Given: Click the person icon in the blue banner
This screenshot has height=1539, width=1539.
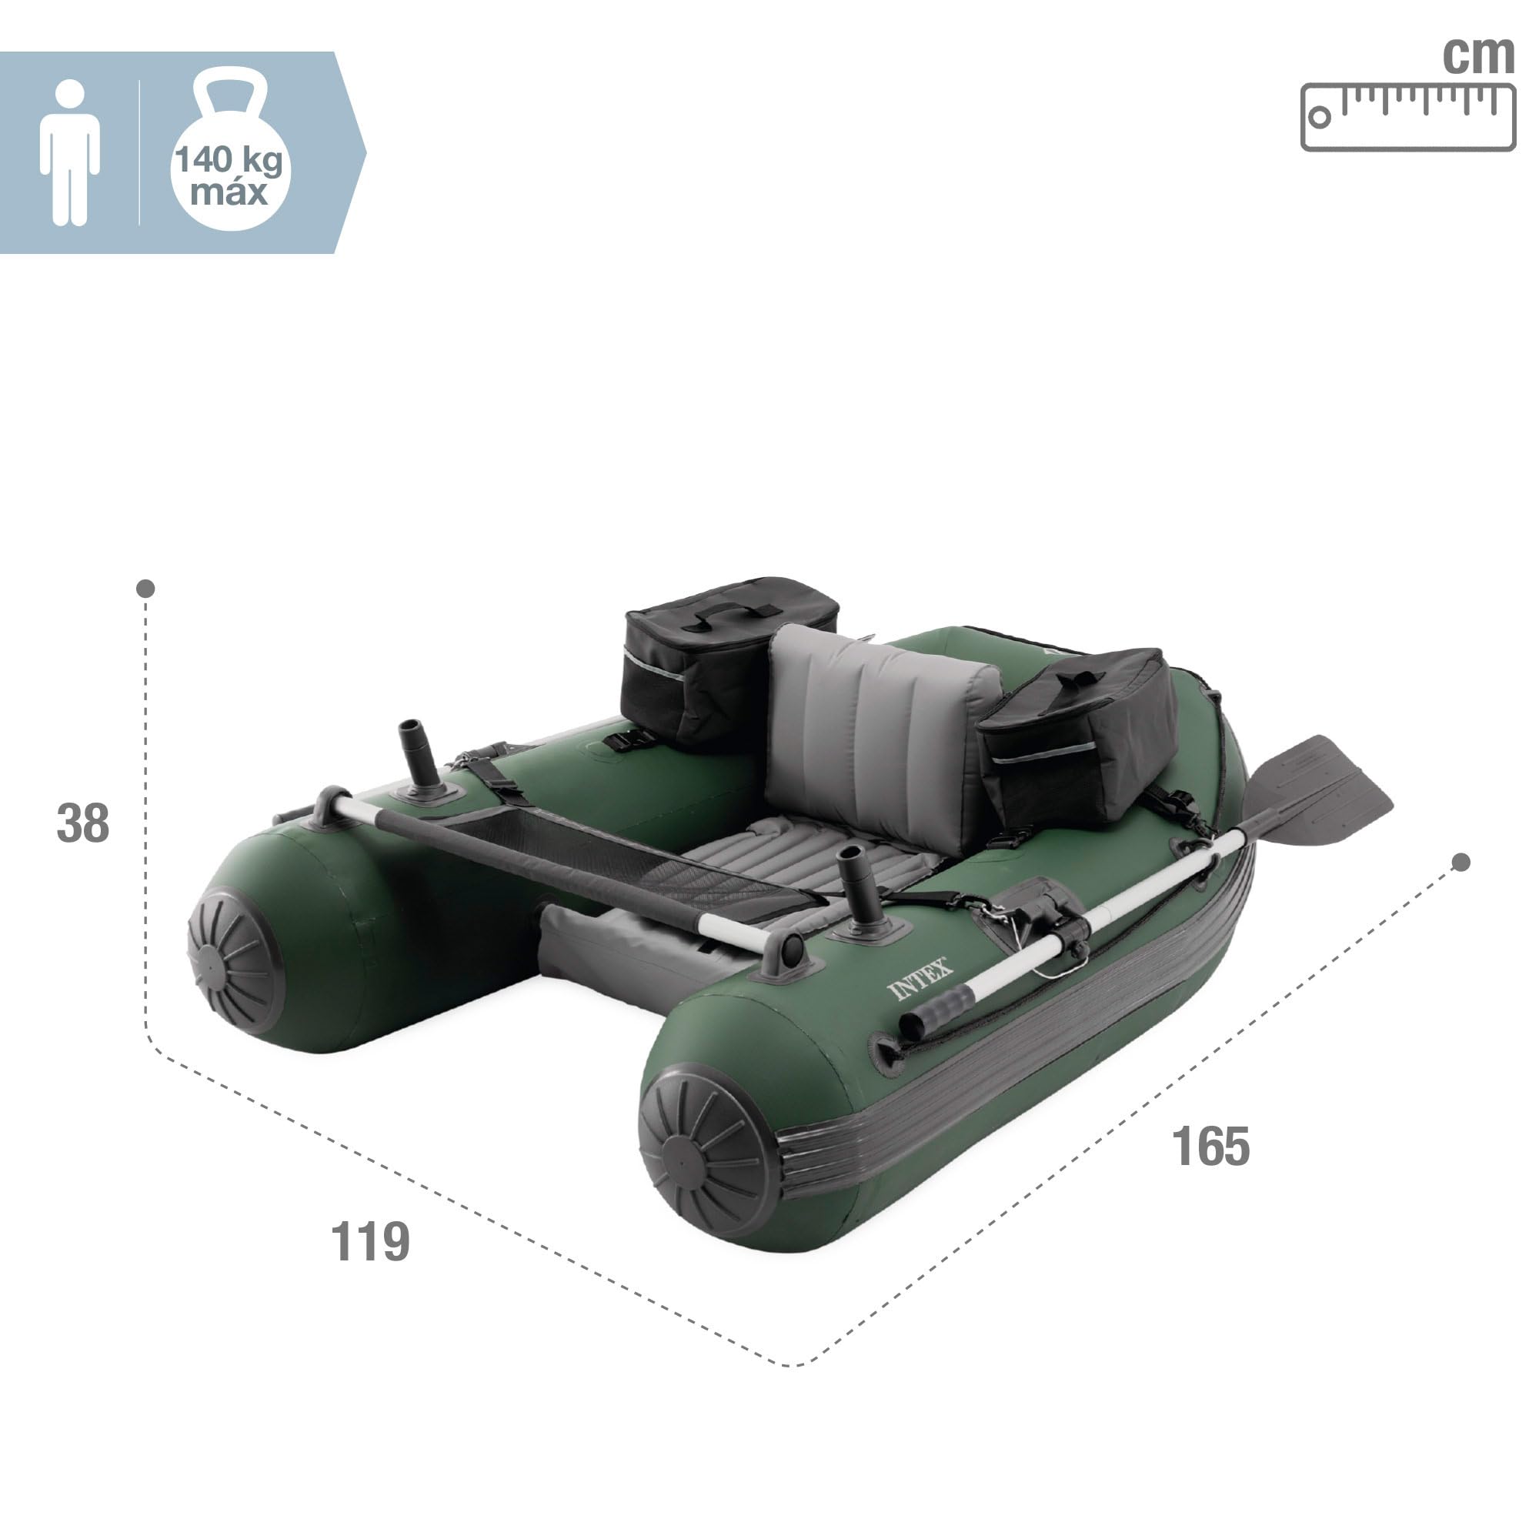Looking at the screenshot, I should coord(70,152).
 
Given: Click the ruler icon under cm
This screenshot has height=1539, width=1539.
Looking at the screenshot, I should coord(1407,117).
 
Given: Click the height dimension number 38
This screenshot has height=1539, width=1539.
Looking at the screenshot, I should coord(83,823).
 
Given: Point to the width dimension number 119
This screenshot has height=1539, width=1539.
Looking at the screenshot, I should coord(369,1241).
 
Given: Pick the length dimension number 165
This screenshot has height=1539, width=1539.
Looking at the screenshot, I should coord(1210,1147).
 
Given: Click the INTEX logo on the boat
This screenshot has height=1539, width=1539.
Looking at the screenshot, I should coord(920,979).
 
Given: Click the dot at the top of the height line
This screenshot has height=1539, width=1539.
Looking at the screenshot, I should coord(145,589).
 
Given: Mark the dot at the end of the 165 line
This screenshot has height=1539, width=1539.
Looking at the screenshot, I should coord(1461,863).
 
